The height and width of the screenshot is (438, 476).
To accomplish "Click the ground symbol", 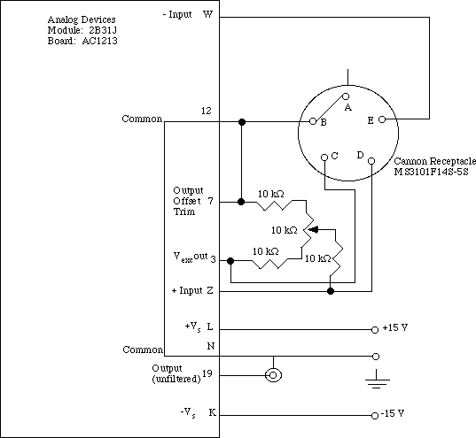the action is coord(377,380).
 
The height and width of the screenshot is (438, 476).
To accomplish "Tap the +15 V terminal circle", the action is coord(375,330).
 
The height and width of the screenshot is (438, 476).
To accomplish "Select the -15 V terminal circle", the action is coord(375,416).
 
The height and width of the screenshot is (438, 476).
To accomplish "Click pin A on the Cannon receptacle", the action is coord(346,96).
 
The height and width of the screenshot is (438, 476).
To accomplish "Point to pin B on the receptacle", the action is coord(313,121).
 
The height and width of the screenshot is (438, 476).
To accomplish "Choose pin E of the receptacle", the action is coord(382,119).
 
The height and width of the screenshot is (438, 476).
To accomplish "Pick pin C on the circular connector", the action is coord(324,158).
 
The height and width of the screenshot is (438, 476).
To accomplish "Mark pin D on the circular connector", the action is coord(371,161).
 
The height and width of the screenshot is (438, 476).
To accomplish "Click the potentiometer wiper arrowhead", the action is coord(313,230).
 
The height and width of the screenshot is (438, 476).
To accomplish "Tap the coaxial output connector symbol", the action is coord(273,375).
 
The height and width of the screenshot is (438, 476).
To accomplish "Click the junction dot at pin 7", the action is coord(241,202).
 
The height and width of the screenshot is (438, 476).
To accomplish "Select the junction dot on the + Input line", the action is coord(331,291).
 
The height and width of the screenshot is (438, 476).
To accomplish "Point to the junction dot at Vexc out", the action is coord(230,261).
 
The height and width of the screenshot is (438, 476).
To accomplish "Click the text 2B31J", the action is coord(103,30).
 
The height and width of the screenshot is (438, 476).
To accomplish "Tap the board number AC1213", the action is coord(99,41).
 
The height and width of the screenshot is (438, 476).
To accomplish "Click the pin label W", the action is coord(207,14).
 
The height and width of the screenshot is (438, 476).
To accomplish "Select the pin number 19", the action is coord(207,373).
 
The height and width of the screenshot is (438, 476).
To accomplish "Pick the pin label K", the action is coord(212,412).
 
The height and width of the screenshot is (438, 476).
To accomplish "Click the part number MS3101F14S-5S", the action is coord(431,172).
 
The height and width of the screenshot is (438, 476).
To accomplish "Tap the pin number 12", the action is coord(207,111).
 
